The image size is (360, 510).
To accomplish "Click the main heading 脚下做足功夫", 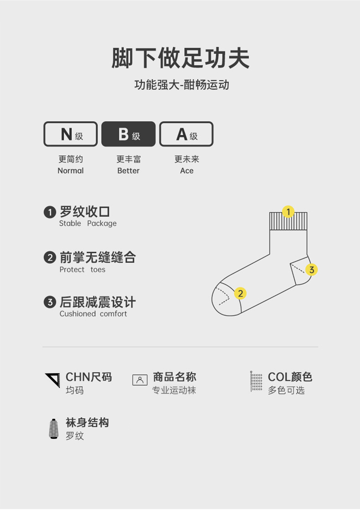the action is coord(180,58).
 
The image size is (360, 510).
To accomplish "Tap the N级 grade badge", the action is coord(71,134).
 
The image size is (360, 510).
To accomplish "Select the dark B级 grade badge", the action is coord(129,134).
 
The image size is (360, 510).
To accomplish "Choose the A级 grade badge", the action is coord(186,134).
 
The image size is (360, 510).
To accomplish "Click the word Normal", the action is coord(71,171).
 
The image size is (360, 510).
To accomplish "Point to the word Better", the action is coord(129,171).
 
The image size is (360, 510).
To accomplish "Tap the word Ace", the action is coord(187,171).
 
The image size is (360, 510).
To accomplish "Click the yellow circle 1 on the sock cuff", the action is coord(288,212).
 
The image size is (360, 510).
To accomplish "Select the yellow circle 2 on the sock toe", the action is coord(240,293).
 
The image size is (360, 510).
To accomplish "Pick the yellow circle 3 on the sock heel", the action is coord(312,270).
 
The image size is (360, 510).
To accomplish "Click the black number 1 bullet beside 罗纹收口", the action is coord(50,212).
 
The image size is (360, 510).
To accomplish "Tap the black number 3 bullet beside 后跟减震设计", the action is coord(50,302).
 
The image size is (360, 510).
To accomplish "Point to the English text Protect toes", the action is coord(82,270).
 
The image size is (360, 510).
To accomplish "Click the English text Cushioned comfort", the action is coord(93,314).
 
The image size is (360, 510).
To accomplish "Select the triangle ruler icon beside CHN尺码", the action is coord(52,380).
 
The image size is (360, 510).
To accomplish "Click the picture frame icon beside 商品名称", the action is coord(140,380).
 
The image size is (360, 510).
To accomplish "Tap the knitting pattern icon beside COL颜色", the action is coord(256,382).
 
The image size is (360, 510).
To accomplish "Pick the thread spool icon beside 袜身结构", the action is coord(54,428).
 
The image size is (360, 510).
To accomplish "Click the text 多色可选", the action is coord(286,390).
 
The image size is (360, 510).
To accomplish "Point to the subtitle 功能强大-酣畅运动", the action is coord(181,85).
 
